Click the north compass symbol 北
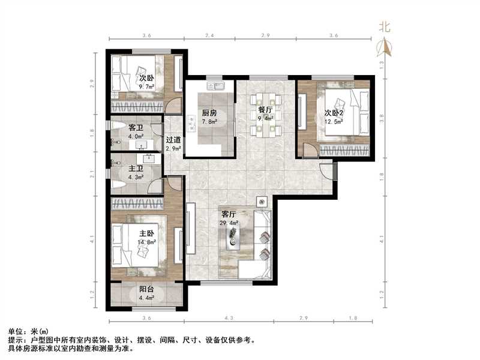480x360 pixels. pos(385,27)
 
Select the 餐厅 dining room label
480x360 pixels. pos(266,110)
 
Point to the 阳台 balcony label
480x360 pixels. pos(147,289)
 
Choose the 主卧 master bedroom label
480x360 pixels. pos(147,234)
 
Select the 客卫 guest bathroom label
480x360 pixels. pos(136,128)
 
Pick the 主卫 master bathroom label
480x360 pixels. pos(136,169)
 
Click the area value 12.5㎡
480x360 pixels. pos(334,122)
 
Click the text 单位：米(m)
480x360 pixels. pos(28,331)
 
